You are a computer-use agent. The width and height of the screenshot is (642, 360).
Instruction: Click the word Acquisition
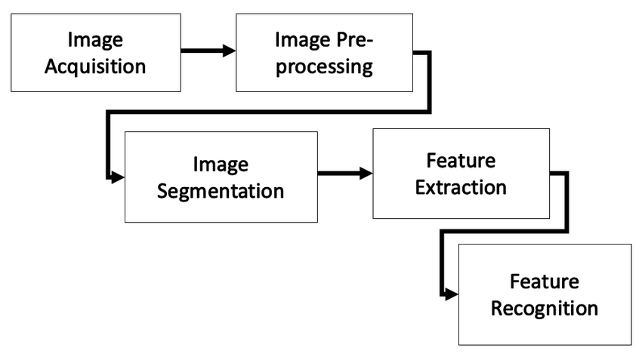click(95, 66)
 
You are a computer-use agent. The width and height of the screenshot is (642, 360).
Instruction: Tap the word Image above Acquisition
click(95, 39)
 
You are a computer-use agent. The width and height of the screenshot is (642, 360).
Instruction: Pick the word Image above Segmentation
click(221, 163)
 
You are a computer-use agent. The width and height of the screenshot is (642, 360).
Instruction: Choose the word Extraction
click(461, 187)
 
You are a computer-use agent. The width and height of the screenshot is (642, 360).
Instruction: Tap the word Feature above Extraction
click(461, 161)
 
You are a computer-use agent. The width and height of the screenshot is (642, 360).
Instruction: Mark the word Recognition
click(545, 308)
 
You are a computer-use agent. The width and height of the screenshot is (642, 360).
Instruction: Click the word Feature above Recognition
click(545, 282)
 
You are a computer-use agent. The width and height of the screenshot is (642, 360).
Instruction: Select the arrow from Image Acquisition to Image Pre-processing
click(208, 51)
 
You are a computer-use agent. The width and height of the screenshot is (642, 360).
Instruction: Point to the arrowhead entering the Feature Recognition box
click(452, 294)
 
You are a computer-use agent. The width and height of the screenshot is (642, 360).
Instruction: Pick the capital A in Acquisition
click(51, 65)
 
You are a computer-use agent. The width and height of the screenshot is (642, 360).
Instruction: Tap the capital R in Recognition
click(498, 308)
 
